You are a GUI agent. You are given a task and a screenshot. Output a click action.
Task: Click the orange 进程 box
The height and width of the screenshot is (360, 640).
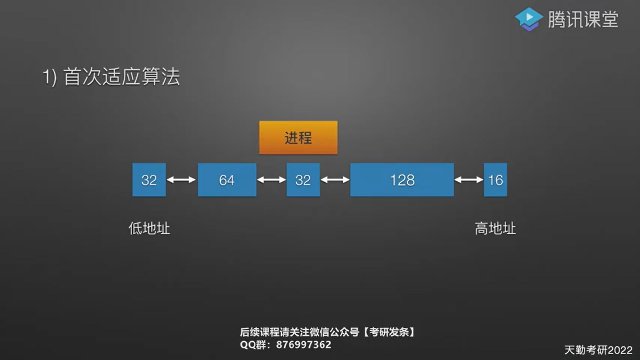(x=298, y=138)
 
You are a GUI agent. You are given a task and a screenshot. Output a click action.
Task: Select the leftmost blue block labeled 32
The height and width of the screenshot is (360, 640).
(x=149, y=180)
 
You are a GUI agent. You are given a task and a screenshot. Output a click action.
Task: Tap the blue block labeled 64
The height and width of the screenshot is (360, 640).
(x=227, y=180)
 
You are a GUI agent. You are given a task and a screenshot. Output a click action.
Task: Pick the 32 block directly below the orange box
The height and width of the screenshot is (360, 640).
(x=303, y=180)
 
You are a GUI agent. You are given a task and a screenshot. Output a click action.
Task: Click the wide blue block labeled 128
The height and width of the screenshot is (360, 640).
(x=402, y=180)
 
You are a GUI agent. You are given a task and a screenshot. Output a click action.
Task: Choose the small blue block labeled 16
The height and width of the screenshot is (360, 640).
(x=495, y=180)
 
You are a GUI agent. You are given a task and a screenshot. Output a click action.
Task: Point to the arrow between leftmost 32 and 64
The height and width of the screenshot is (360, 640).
(x=181, y=180)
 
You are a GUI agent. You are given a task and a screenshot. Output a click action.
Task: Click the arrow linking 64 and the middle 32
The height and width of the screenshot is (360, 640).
(x=271, y=180)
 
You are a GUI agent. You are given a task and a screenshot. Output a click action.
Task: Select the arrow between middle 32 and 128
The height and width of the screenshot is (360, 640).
(x=335, y=180)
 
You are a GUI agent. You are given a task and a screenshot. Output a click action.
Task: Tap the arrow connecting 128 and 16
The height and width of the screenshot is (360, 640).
(x=469, y=180)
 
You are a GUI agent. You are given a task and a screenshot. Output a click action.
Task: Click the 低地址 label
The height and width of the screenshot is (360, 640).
(x=149, y=229)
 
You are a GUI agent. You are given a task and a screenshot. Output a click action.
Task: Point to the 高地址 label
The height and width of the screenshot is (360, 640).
(x=495, y=229)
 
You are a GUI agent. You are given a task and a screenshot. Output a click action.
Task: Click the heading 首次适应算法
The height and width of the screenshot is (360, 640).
(x=122, y=77)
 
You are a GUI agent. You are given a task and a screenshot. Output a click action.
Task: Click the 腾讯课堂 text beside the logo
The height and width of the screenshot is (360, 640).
(x=583, y=19)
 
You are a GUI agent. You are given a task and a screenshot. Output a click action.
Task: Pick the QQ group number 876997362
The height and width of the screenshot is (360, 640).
(x=304, y=345)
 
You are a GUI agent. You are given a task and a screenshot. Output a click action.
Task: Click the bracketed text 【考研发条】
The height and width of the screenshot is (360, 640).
(x=389, y=332)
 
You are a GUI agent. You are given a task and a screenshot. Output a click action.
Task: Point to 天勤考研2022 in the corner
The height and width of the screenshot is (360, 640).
(x=598, y=350)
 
